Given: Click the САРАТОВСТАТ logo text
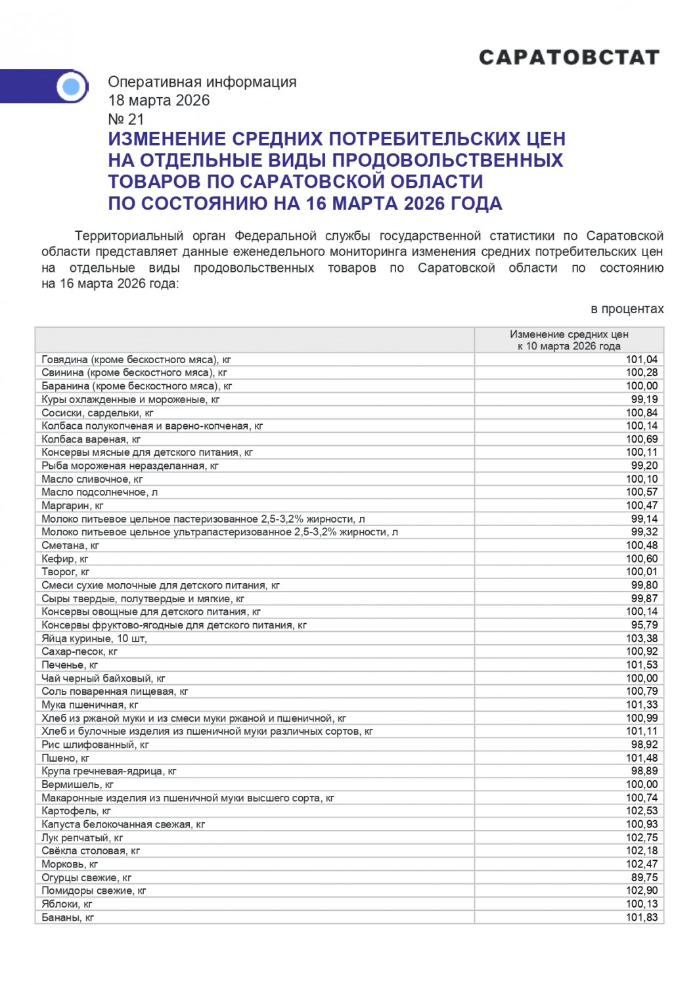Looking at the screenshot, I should (569, 58).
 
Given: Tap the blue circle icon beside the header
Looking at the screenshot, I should (71, 86).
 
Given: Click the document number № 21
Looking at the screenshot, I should (125, 119).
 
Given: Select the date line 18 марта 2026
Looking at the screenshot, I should (159, 100).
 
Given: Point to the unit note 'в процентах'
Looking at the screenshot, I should (627, 309).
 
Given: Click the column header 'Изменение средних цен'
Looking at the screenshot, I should (569, 334).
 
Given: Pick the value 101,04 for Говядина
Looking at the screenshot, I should (641, 360).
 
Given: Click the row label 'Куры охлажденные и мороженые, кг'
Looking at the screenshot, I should (131, 399).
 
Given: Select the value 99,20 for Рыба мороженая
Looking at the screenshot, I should (644, 466).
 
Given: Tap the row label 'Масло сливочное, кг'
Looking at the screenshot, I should (92, 479).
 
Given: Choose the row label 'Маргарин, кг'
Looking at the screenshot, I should (72, 506).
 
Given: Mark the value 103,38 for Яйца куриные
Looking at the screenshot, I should (641, 638).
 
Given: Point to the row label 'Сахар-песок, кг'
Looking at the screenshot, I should (79, 651).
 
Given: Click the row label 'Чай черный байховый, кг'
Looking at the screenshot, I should (103, 678).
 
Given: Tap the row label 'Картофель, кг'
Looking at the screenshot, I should (76, 811).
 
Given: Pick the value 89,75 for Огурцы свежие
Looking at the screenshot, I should (644, 877).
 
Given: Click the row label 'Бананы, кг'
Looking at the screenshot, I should (68, 917).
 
